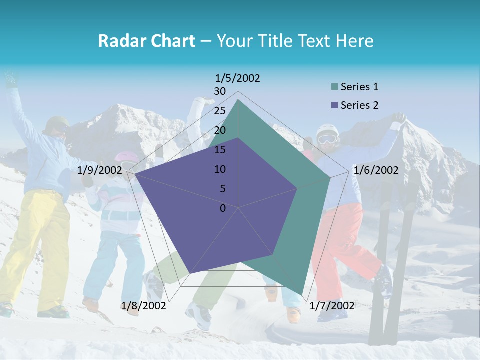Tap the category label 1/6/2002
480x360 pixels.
tap(376, 170)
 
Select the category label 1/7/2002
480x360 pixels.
tap(332, 305)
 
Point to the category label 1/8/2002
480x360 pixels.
tap(144, 305)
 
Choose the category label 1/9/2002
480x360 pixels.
tap(100, 170)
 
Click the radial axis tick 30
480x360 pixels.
tap(220, 91)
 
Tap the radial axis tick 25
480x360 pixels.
tap(220, 111)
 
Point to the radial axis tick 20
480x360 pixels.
tap(220, 130)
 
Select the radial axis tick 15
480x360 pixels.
tap(220, 150)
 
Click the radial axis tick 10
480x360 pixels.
tap(220, 169)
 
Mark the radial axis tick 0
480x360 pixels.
tap(223, 208)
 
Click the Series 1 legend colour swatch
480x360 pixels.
tap(334, 87)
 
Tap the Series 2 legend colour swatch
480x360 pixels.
tap(334, 105)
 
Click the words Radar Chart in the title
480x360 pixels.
tap(146, 41)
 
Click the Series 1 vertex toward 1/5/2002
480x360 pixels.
tap(238, 100)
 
